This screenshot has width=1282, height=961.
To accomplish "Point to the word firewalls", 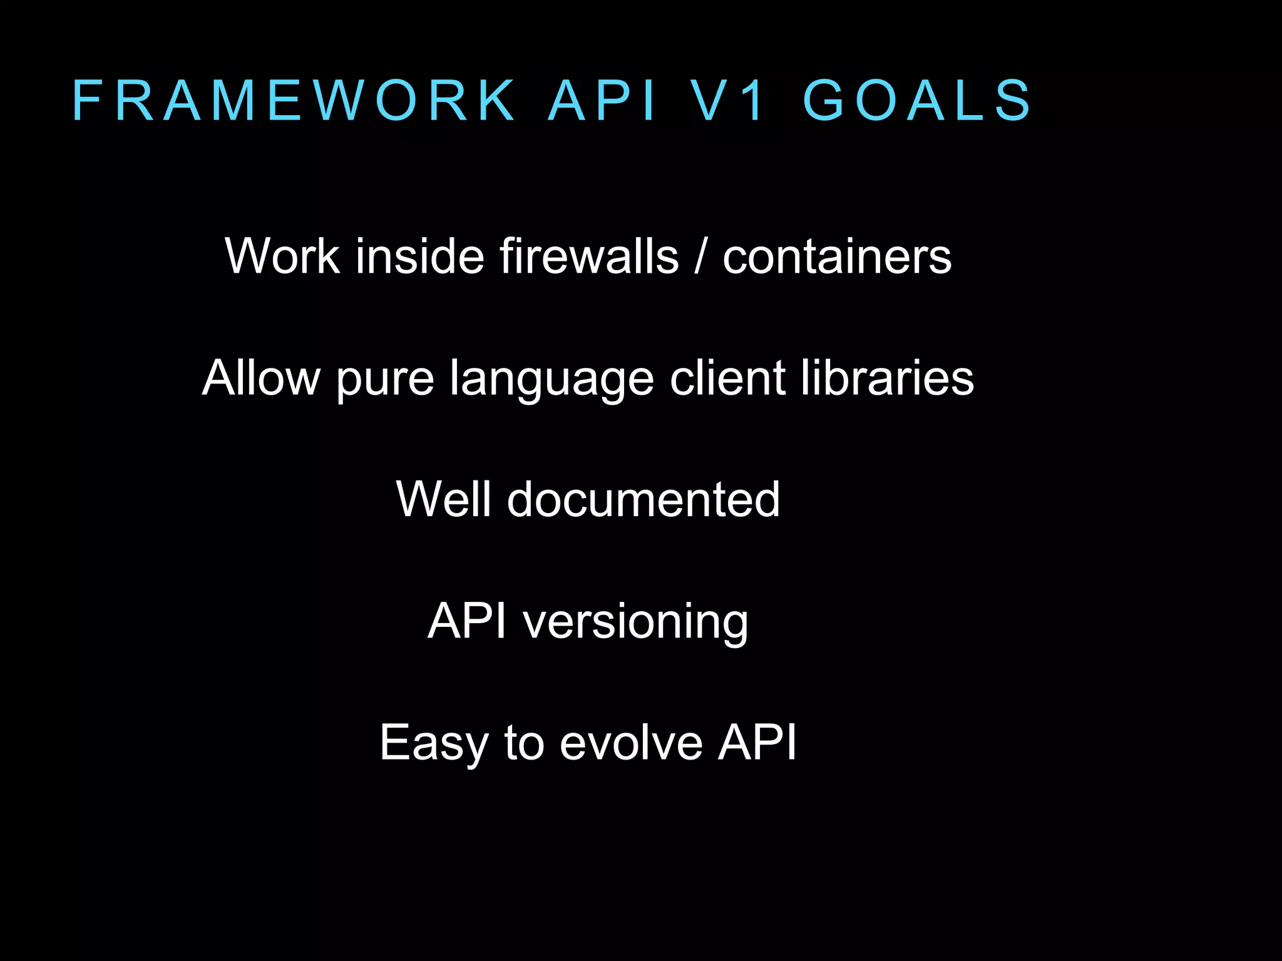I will [588, 256].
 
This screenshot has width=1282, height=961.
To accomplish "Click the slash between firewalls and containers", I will [700, 256].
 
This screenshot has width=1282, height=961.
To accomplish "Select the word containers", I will [837, 257].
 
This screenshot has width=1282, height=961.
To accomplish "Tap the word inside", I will [419, 256].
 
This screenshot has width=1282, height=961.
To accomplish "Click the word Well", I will [444, 499].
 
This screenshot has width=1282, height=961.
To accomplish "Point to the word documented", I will [644, 499].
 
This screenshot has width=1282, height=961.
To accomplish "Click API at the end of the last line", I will [757, 742].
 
